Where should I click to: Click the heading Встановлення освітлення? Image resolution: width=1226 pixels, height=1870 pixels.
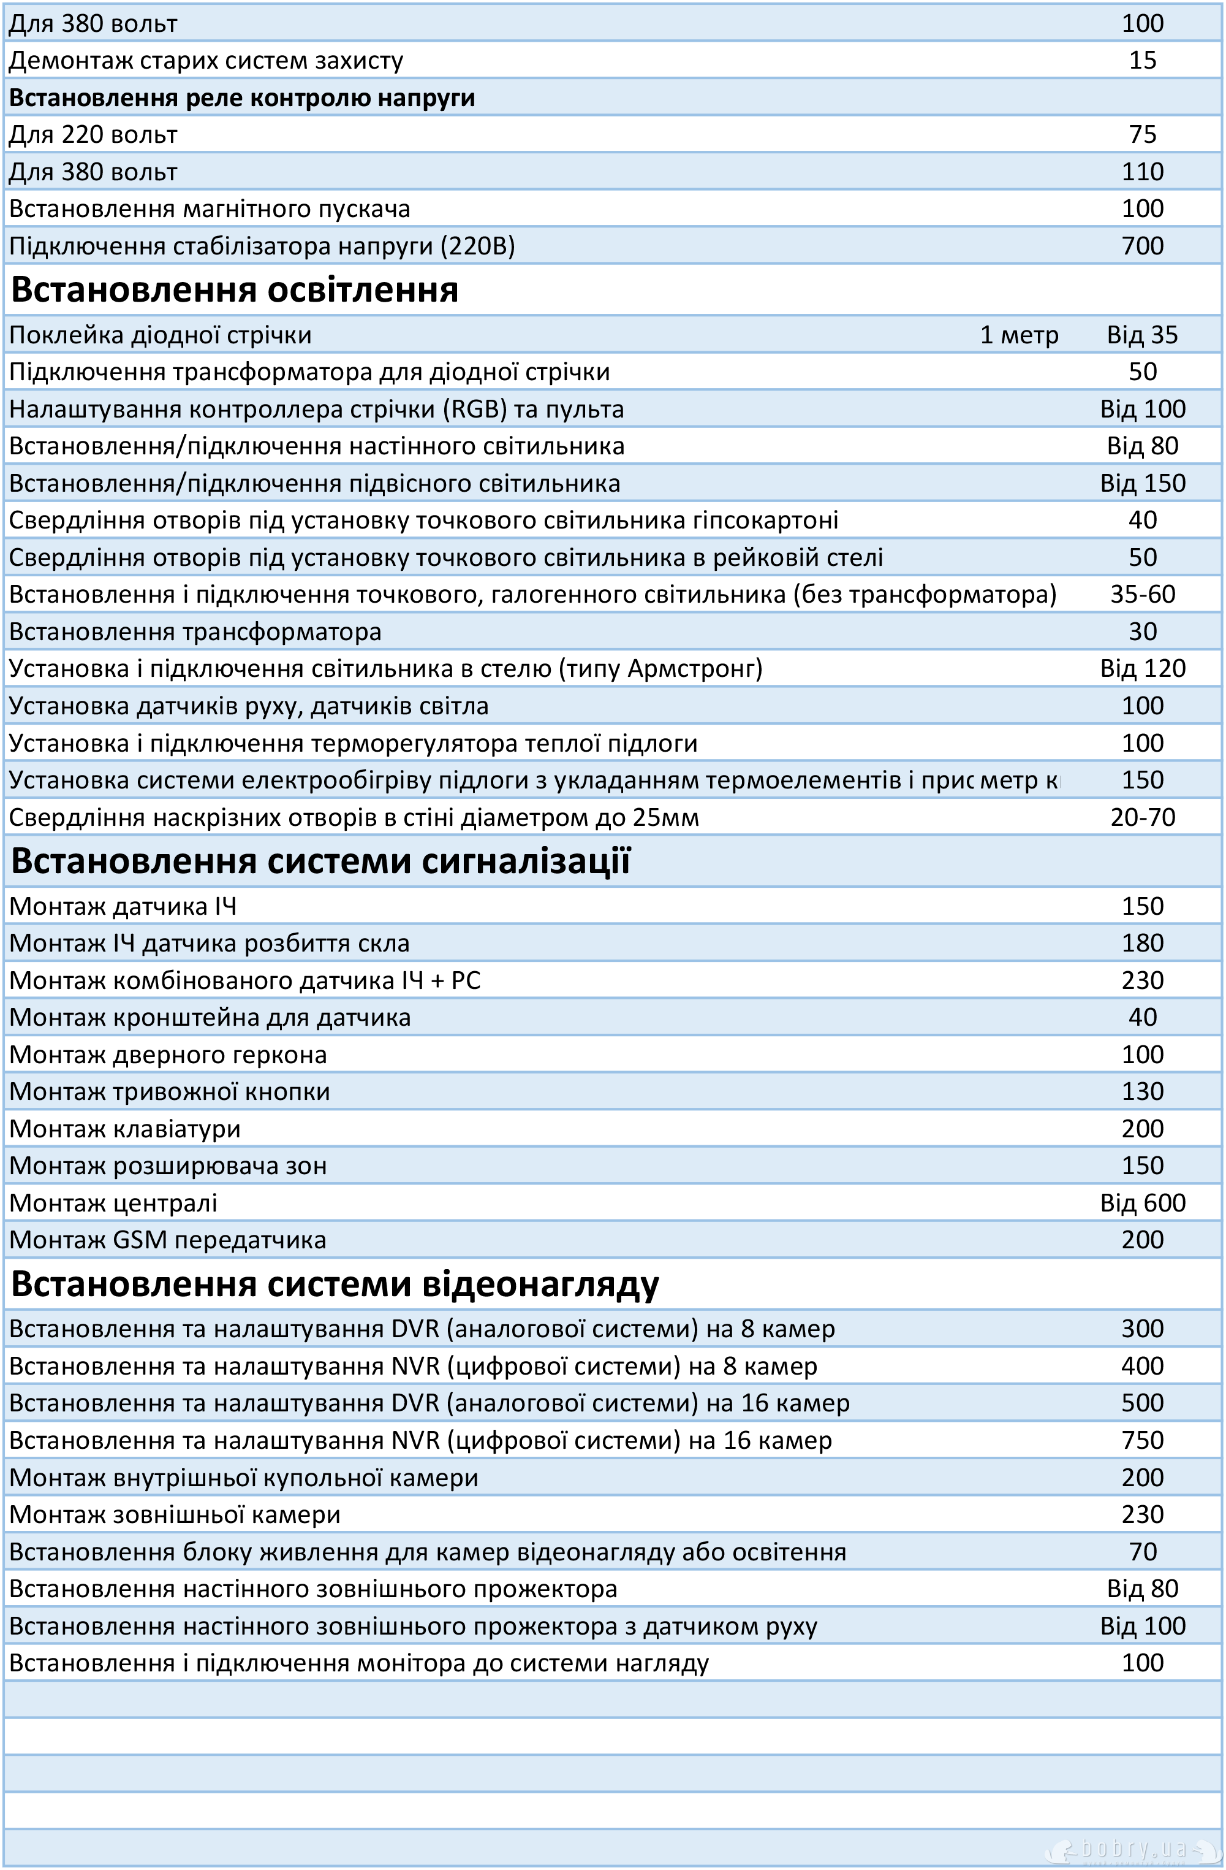coord(234,290)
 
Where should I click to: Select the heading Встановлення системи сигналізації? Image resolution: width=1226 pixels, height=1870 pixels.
coord(320,861)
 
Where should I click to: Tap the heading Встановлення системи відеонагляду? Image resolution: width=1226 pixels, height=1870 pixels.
coord(335,1284)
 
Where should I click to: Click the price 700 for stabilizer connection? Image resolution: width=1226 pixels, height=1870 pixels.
coord(1142,246)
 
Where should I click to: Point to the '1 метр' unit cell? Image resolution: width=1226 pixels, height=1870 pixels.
coord(1019,335)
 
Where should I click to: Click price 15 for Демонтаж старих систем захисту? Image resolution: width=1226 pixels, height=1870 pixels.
coord(1142,61)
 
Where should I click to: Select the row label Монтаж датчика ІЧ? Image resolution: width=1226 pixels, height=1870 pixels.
coord(123,907)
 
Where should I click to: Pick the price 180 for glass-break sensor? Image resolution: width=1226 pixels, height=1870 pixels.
coord(1142,944)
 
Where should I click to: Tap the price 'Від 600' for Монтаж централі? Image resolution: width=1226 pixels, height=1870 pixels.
coord(1142,1203)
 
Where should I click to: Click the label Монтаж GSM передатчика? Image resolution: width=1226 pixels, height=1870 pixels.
coord(167,1240)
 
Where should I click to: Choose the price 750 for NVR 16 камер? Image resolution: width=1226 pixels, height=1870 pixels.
coord(1142,1440)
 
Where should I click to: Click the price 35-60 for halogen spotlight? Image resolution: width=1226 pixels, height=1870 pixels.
coord(1142,595)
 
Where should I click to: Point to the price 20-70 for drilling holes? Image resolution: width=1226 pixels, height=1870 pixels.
coord(1142,818)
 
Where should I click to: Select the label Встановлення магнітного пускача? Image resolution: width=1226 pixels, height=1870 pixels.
coord(209,209)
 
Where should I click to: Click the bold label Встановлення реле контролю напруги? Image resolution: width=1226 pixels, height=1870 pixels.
coord(242,98)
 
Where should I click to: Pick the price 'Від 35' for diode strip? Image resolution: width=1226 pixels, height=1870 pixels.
coord(1142,335)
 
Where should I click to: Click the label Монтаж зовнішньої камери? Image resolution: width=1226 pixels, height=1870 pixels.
coord(175,1514)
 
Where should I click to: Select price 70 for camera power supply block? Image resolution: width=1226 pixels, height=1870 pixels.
coord(1142,1552)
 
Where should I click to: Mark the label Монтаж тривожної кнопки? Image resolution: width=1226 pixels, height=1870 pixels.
coord(169,1092)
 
